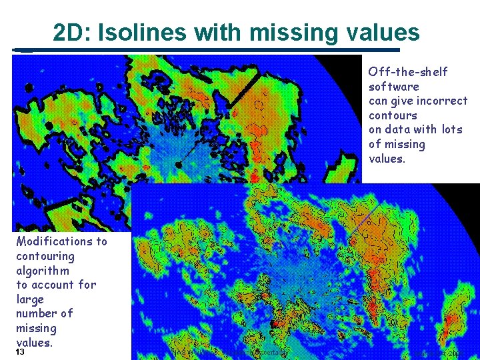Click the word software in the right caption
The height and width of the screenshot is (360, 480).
pos(394,87)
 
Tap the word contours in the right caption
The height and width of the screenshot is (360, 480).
pos(393,115)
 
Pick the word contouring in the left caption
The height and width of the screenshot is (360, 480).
pos(45,256)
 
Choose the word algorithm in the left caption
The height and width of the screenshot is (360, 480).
pos(43,271)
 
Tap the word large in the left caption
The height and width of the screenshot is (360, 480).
pos(30,299)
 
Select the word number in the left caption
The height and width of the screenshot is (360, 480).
pos(37,313)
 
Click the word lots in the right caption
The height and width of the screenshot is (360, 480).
pos(450,129)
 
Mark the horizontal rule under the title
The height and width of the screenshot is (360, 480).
pos(207,49)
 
